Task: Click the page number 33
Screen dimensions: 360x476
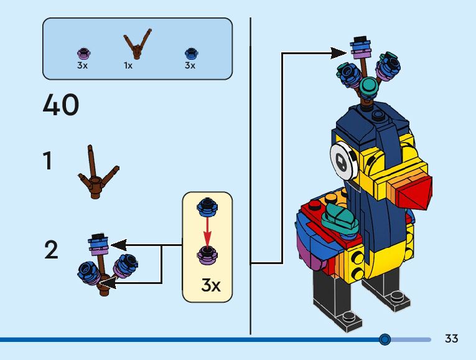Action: coord(451,339)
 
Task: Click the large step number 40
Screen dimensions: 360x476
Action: coord(61,105)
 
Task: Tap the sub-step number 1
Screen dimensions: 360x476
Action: coord(48,161)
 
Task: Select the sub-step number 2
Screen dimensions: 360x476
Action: coord(51,250)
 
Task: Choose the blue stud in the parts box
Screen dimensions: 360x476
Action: coord(190,53)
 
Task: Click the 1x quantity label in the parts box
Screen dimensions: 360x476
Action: coord(128,65)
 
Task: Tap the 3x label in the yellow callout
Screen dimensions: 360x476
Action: coord(211,286)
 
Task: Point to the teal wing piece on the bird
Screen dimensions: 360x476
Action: coord(337,216)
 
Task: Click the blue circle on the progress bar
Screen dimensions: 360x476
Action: coord(385,339)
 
